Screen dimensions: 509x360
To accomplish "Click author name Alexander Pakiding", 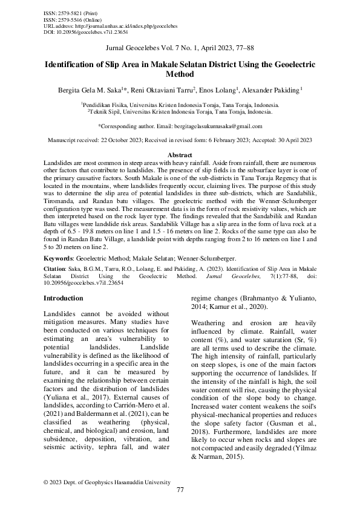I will [270, 91].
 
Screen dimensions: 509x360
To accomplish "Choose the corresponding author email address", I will [218, 126].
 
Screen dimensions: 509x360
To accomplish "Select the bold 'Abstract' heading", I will [180, 155].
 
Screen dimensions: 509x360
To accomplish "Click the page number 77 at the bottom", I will [180, 489].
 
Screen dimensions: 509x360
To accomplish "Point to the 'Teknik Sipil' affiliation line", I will [180, 112].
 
